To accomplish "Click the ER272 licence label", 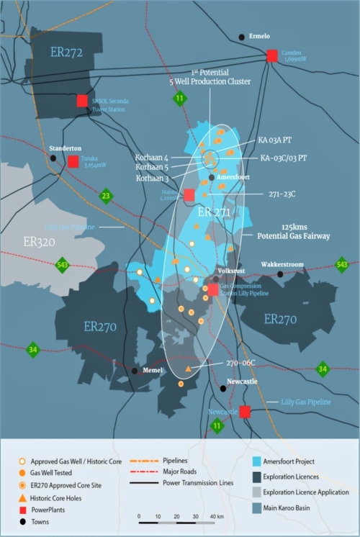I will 66,52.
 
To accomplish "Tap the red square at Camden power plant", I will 272,55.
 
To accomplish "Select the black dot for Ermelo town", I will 241,37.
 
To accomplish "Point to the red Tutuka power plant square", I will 73,161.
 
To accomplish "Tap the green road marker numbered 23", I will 107,195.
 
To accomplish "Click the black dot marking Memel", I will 135,371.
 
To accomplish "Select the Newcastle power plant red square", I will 245,412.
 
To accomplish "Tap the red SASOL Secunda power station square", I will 83,101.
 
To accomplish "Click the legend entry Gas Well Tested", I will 64,472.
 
